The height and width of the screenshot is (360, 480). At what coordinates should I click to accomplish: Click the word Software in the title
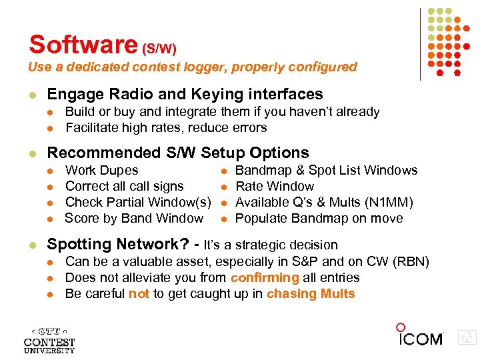click(x=82, y=45)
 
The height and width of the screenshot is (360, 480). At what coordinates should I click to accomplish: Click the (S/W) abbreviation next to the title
click(x=159, y=49)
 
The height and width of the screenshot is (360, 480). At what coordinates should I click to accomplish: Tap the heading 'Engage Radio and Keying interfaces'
click(x=185, y=95)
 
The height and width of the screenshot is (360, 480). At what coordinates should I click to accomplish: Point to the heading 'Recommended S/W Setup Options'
click(x=178, y=153)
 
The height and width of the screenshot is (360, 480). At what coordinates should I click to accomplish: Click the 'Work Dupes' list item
click(x=102, y=171)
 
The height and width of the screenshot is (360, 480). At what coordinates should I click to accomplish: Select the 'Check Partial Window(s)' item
click(x=138, y=203)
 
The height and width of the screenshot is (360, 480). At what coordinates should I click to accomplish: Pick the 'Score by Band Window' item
click(x=134, y=219)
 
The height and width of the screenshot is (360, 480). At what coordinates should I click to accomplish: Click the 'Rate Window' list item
click(x=275, y=187)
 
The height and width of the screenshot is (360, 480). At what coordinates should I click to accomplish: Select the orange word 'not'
click(x=139, y=294)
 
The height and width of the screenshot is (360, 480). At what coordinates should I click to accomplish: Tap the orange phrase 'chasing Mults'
click(x=311, y=294)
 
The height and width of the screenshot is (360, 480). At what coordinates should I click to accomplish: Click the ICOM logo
click(x=419, y=336)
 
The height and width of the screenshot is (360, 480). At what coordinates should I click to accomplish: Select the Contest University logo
click(x=49, y=339)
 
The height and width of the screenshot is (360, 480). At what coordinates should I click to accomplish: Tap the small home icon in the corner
click(x=467, y=338)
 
